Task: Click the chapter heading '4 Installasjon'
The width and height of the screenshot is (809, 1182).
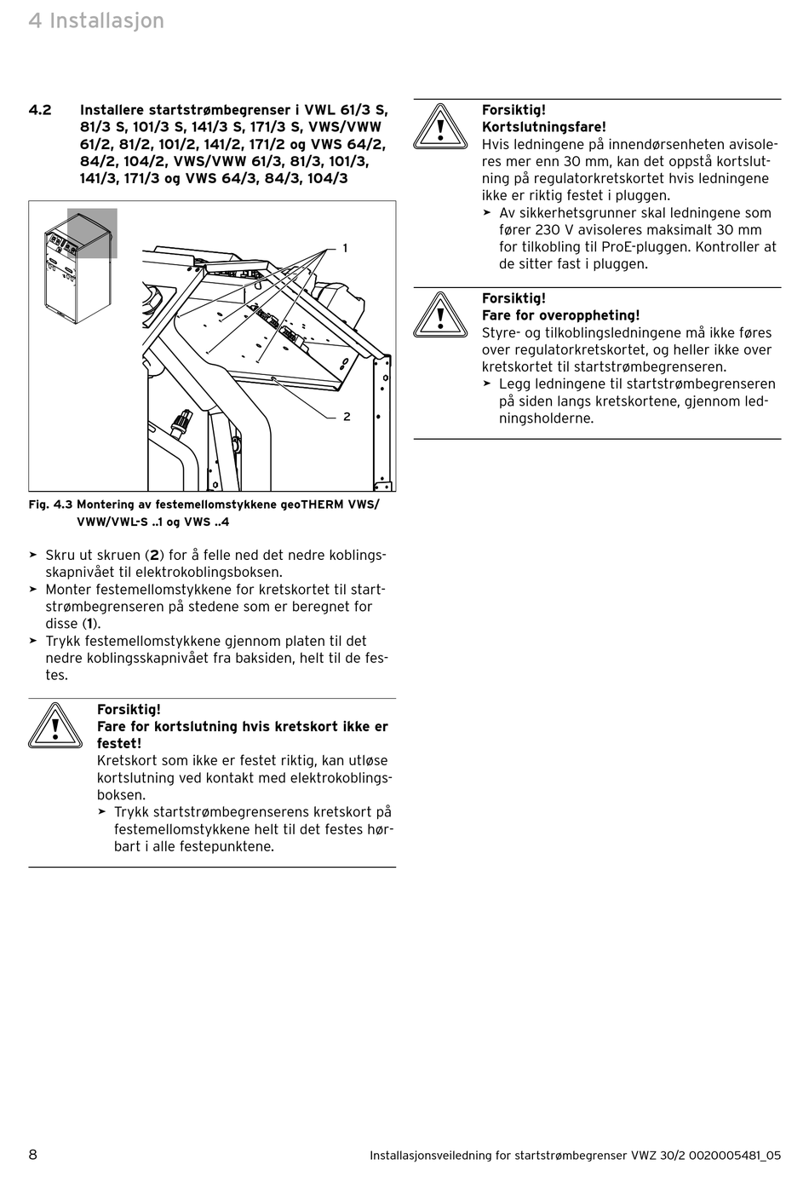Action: [x=96, y=20]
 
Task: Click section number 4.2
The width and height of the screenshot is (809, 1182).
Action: [x=40, y=110]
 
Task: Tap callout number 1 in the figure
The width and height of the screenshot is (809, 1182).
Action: [x=345, y=248]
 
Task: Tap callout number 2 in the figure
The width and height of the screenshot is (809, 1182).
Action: [x=347, y=417]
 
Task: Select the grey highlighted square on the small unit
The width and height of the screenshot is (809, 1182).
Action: [x=92, y=233]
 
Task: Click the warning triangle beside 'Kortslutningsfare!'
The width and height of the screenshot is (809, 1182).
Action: [x=440, y=127]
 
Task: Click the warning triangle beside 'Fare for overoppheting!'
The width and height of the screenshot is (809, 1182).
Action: [x=440, y=315]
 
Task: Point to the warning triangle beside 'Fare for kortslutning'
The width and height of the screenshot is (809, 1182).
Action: [x=55, y=727]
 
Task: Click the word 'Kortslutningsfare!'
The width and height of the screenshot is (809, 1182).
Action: [x=544, y=127]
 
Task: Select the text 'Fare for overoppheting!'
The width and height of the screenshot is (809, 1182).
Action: [x=560, y=315]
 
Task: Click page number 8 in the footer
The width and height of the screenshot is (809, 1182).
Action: [x=33, y=1155]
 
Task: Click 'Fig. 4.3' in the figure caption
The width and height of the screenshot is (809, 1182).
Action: [x=50, y=505]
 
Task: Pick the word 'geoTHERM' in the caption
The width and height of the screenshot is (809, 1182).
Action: [x=311, y=505]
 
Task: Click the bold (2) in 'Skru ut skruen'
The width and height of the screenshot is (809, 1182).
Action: [x=154, y=556]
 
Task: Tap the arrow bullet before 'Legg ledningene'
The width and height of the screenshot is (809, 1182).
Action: [x=487, y=384]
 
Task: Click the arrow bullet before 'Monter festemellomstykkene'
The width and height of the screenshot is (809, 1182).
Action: [x=33, y=590]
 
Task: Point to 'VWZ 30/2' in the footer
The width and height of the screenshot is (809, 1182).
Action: [x=656, y=1156]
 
